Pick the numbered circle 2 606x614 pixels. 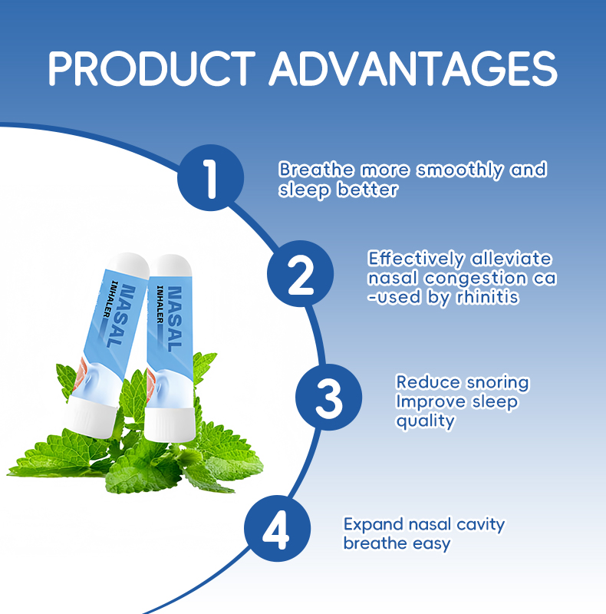pyautogui.click(x=301, y=274)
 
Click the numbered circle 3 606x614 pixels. pyautogui.click(x=329, y=398)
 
